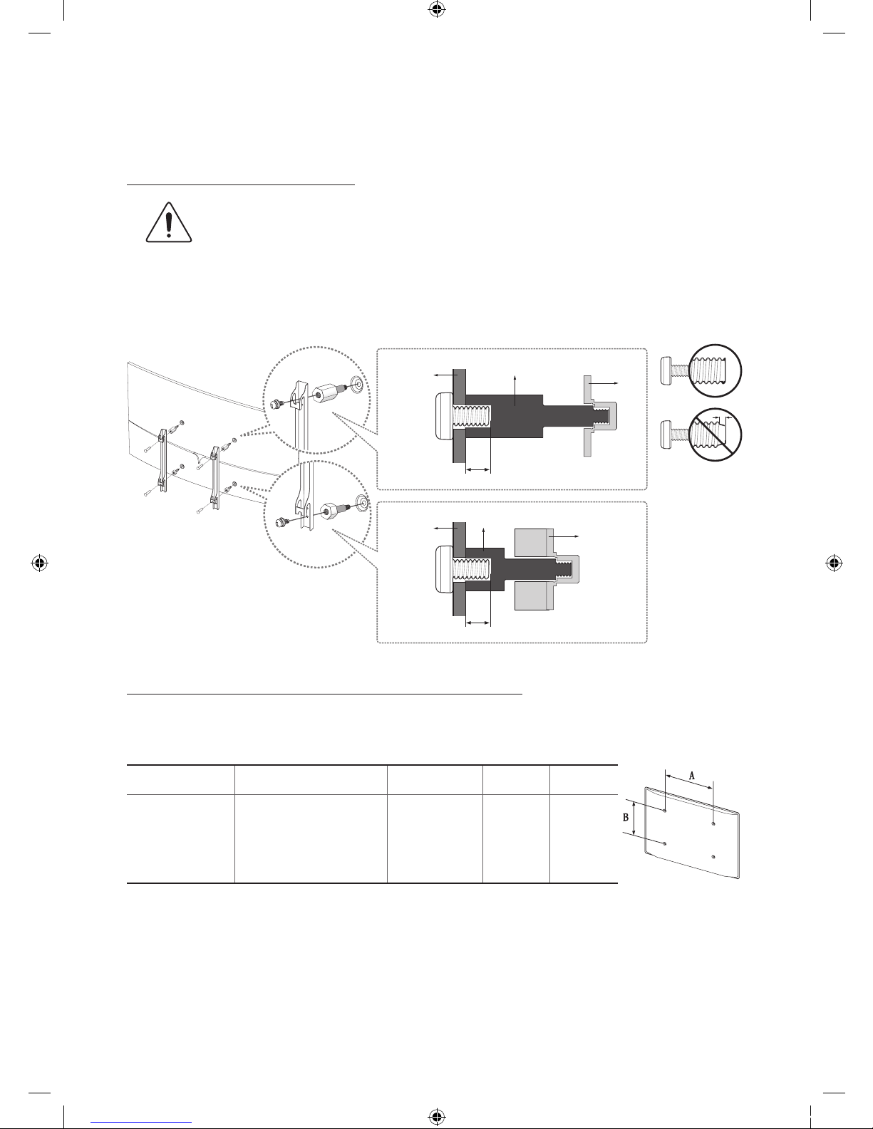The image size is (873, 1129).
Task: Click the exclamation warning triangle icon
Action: [x=169, y=222]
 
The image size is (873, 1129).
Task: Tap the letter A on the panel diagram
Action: [x=692, y=776]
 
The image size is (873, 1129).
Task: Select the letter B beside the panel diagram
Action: [x=626, y=817]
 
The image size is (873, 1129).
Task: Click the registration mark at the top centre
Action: [x=436, y=9]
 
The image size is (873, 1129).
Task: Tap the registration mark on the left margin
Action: [x=39, y=563]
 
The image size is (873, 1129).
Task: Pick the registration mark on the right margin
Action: [x=834, y=563]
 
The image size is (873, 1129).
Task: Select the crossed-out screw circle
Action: [x=716, y=435]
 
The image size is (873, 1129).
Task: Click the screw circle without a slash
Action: [x=716, y=371]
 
